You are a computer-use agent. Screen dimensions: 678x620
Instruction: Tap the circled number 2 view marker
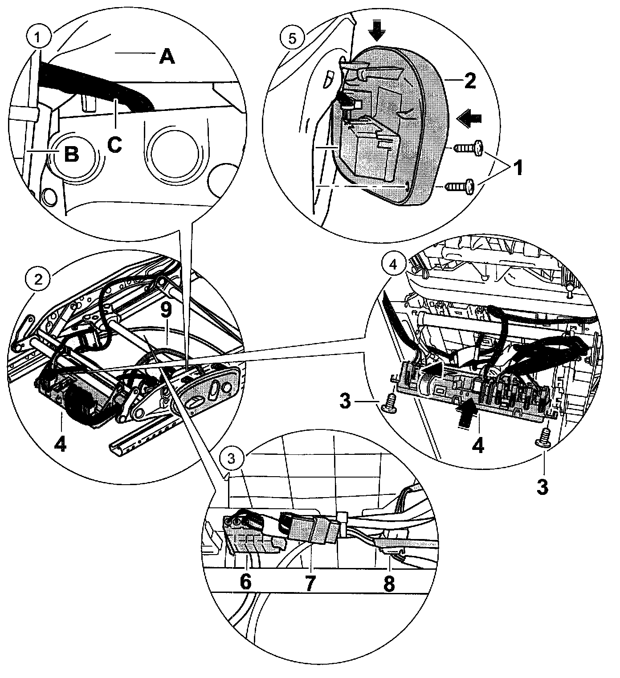39,279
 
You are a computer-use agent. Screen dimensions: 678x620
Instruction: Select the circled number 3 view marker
230,458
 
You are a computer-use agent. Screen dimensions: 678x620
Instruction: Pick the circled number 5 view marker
292,37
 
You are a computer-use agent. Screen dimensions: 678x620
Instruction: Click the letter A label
167,57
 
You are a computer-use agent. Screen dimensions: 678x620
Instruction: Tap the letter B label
72,154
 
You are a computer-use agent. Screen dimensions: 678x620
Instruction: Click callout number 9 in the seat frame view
167,312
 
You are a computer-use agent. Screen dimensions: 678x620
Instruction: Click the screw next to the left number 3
390,401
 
